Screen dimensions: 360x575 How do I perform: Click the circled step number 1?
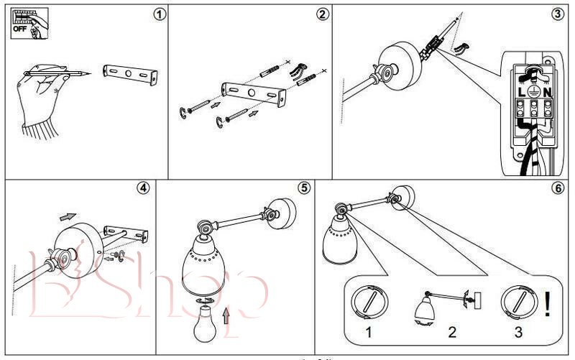(x=160, y=14)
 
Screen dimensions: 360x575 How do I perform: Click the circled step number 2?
(x=323, y=14)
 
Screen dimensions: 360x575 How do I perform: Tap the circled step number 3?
(x=558, y=14)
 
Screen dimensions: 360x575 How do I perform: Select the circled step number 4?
(x=144, y=188)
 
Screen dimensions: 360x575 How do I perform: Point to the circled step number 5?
(x=305, y=188)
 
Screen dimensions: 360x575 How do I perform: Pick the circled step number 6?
(x=558, y=188)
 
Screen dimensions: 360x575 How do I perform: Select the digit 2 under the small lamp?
(x=452, y=333)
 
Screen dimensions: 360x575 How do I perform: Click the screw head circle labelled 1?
(x=367, y=302)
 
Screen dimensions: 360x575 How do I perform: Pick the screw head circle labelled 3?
(x=518, y=302)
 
